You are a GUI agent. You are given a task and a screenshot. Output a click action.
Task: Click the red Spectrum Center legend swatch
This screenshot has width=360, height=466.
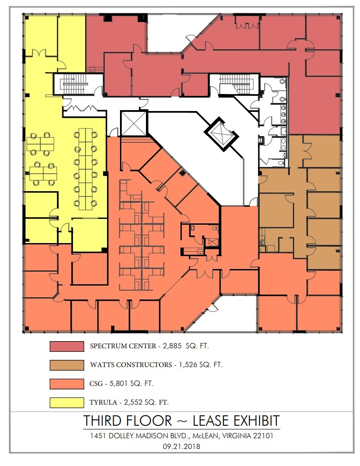coord(67,346)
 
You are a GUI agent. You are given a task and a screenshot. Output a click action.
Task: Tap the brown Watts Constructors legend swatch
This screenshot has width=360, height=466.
coord(67,365)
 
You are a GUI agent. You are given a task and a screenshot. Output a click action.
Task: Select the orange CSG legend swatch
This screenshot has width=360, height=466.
coord(67,384)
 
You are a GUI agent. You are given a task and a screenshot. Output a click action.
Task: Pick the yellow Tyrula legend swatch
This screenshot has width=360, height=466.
coord(67,402)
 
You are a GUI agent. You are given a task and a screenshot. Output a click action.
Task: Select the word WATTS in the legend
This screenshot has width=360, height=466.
coord(103,365)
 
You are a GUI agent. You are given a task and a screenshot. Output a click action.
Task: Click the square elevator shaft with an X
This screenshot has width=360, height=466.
coord(133,123)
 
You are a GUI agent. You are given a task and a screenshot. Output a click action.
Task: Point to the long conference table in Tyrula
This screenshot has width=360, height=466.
coord(85,169)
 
